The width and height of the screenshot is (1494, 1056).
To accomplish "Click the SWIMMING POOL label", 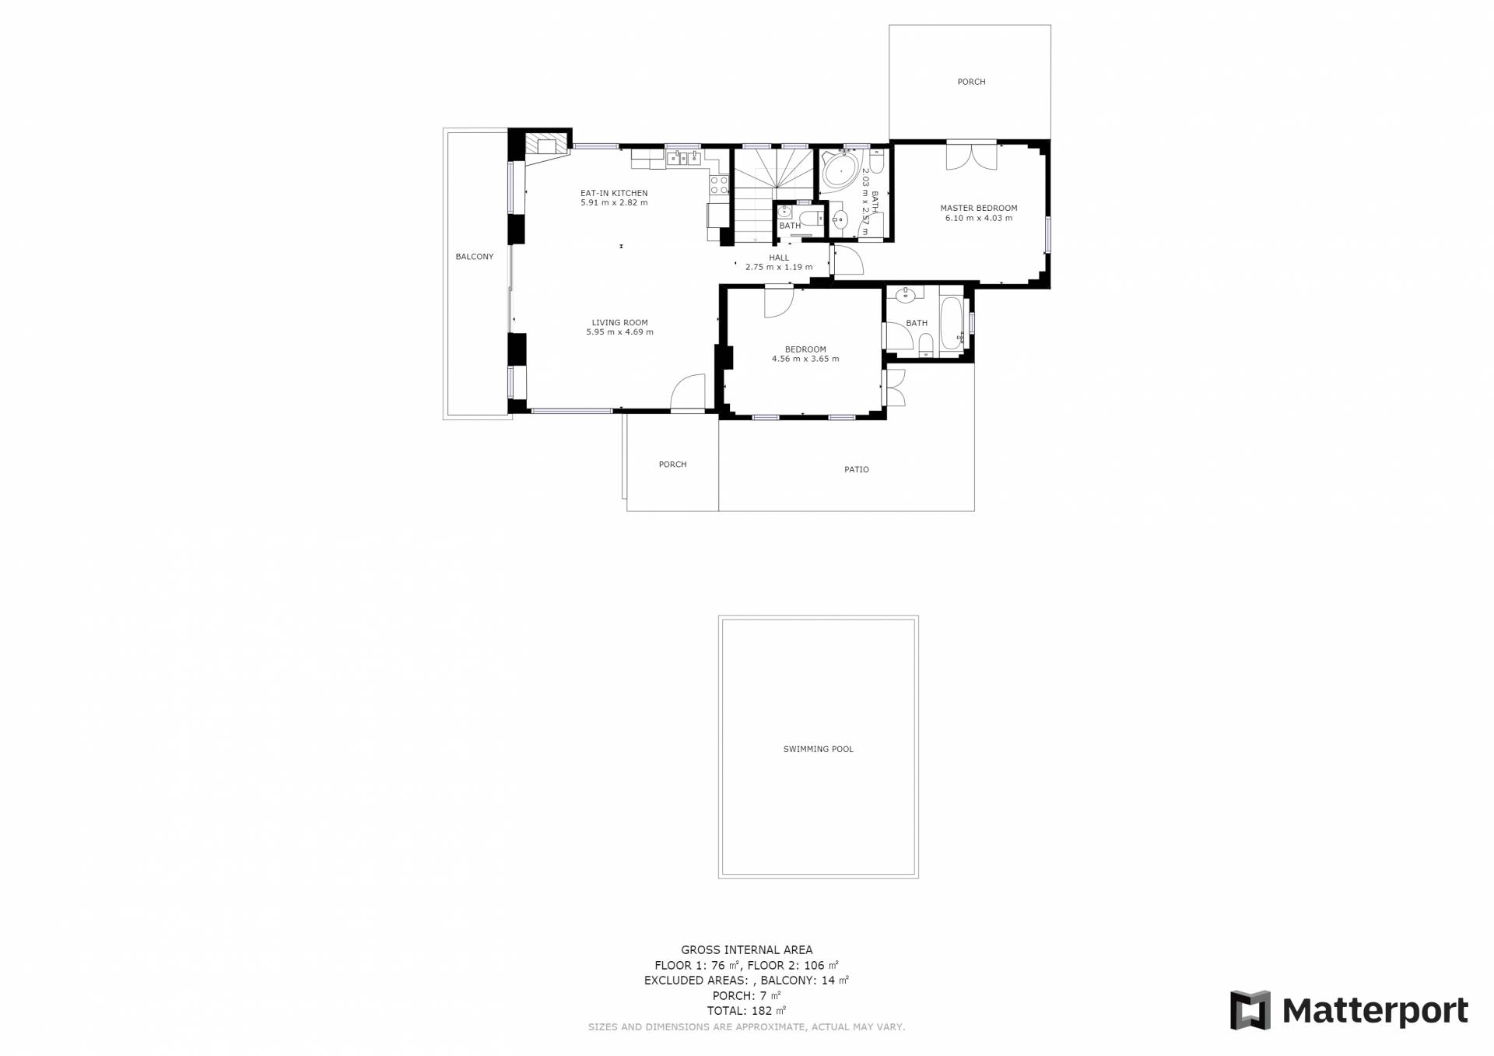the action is coord(818,749).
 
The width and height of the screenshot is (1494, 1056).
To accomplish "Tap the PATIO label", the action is coord(857,469).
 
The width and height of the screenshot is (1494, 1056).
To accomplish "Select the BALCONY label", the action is coord(475,257).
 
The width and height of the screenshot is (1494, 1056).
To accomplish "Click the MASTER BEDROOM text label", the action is coord(979,208).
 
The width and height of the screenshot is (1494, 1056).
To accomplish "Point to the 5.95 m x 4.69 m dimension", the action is coord(619,332).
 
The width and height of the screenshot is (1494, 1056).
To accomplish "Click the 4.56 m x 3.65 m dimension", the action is coord(805,359).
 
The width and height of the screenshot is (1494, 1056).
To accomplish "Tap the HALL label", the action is coord(779,258).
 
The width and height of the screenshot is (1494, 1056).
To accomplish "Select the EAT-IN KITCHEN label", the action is coord(614,193).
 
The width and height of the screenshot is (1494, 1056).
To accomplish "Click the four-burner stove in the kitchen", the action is coord(719,185).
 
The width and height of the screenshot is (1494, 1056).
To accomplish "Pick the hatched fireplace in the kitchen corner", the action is coord(545,146).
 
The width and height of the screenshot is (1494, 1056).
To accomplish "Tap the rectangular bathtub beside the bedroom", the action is coord(951,323).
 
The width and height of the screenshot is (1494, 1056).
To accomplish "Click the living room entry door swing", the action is coord(688,391).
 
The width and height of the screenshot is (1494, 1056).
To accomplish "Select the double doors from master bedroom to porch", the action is coord(972,156).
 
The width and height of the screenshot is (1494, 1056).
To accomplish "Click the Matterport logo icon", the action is coord(1250,1010).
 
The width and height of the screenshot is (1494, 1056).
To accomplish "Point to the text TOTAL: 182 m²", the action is coord(746,1011).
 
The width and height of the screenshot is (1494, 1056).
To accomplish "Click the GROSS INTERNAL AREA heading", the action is coord(747,949).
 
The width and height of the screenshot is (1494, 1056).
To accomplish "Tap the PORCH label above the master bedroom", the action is coord(971,82).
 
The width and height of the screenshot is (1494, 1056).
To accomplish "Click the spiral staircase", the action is coord(773,195).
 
